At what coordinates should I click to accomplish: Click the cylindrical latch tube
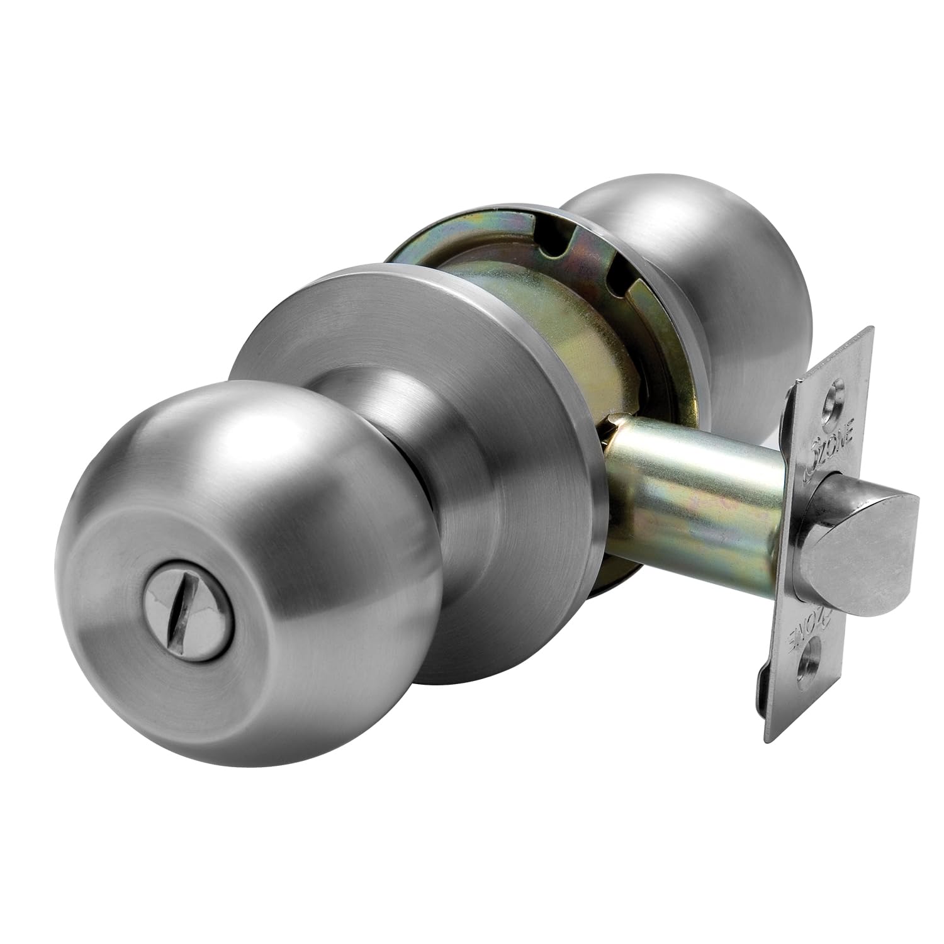click(692, 503)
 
